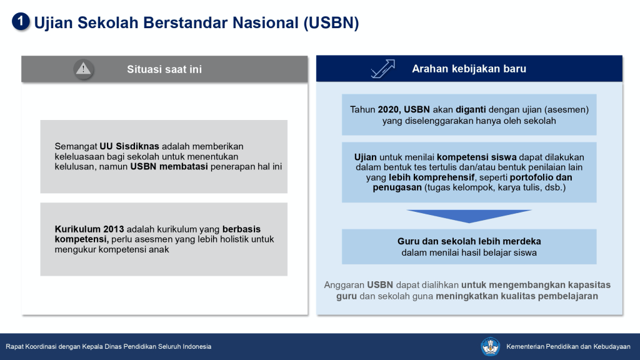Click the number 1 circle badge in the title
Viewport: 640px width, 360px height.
[x=21, y=22]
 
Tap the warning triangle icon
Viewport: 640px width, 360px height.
[x=83, y=69]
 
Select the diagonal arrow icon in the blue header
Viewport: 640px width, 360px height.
[x=383, y=69]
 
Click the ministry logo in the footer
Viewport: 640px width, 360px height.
[x=490, y=346]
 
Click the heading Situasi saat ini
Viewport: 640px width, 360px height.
[x=164, y=69]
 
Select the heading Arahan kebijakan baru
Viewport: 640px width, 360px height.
[x=469, y=69]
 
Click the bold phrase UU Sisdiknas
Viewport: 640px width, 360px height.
[x=129, y=146]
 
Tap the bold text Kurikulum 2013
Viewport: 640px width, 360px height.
[x=89, y=229]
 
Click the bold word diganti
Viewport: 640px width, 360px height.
[x=471, y=109]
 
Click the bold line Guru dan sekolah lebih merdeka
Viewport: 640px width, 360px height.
[x=469, y=241]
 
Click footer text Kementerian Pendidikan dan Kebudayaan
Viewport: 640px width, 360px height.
[x=568, y=346]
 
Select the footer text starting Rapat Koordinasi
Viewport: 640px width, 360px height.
[x=109, y=346]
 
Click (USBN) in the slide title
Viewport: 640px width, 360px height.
[x=331, y=23]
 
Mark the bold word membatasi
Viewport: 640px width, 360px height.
[x=183, y=166]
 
